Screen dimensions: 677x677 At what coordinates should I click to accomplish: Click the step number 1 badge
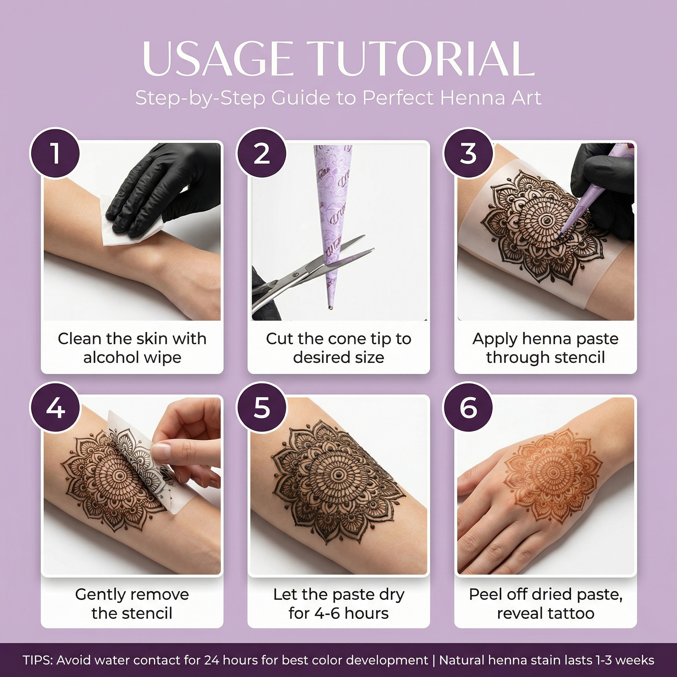coord(55,153)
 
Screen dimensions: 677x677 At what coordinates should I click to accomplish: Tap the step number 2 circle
coord(261,153)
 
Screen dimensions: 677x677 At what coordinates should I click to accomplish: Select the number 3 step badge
coord(468,153)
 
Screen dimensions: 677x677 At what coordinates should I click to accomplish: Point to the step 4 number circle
coord(55,408)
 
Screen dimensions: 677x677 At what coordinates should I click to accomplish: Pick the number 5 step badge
coord(261,408)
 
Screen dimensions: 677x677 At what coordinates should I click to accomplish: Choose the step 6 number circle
coord(468,408)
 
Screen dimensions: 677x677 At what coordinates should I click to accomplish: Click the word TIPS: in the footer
coord(38,660)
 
